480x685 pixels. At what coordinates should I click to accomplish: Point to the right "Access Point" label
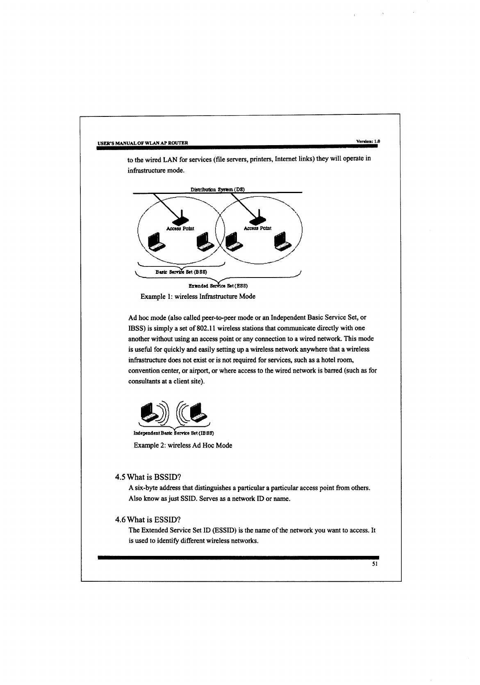pyautogui.click(x=257, y=228)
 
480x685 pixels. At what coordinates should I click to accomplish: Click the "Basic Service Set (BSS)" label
pyautogui.click(x=181, y=271)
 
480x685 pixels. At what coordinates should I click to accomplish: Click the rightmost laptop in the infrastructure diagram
pyautogui.click(x=283, y=242)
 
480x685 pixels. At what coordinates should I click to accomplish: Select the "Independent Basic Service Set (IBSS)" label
pyautogui.click(x=174, y=433)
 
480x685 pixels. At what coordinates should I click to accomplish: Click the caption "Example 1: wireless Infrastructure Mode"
pyautogui.click(x=198, y=296)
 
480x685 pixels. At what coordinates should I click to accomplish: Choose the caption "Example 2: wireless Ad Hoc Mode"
pyautogui.click(x=183, y=445)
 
